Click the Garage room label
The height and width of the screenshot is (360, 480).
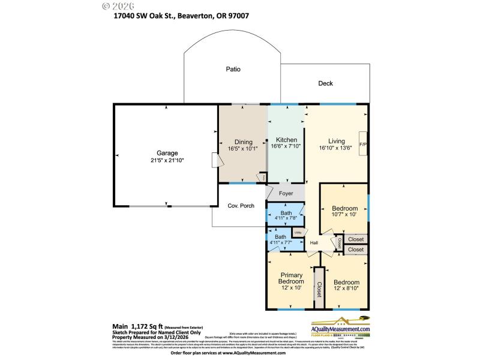167,153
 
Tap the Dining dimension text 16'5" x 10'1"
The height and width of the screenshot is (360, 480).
243,150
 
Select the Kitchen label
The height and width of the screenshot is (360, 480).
286,140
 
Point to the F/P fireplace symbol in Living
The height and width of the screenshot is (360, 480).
362,144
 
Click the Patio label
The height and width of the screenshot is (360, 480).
233,69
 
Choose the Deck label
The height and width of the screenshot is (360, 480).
325,83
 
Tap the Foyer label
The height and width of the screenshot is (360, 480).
286,194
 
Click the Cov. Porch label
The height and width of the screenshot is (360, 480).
241,206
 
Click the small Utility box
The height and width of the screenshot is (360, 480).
298,232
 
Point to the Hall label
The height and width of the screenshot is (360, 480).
313,242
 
